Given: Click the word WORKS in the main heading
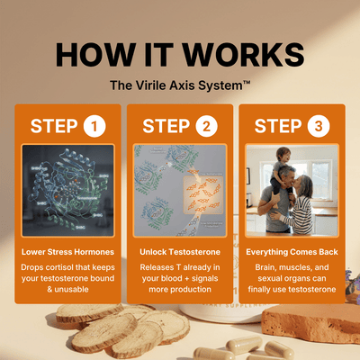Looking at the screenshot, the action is pos(243,55).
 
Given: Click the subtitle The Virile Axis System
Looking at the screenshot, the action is pos(180,85).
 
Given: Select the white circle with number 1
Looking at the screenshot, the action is pos(94,126).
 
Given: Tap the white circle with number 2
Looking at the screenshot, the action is pos(207,126).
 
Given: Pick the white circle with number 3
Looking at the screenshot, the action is pos(319,126).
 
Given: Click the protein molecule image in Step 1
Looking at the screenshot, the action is pos(68,191).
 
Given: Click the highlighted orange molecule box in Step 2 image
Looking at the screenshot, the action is pos(203,195).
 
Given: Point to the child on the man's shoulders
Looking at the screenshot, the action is pos(281,169).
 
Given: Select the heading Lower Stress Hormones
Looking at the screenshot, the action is pos(67,252).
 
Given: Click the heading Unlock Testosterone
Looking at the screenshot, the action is pos(180,252).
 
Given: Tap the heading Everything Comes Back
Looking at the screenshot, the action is pos(292,252).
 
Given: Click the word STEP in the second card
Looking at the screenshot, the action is pos(166,126).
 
